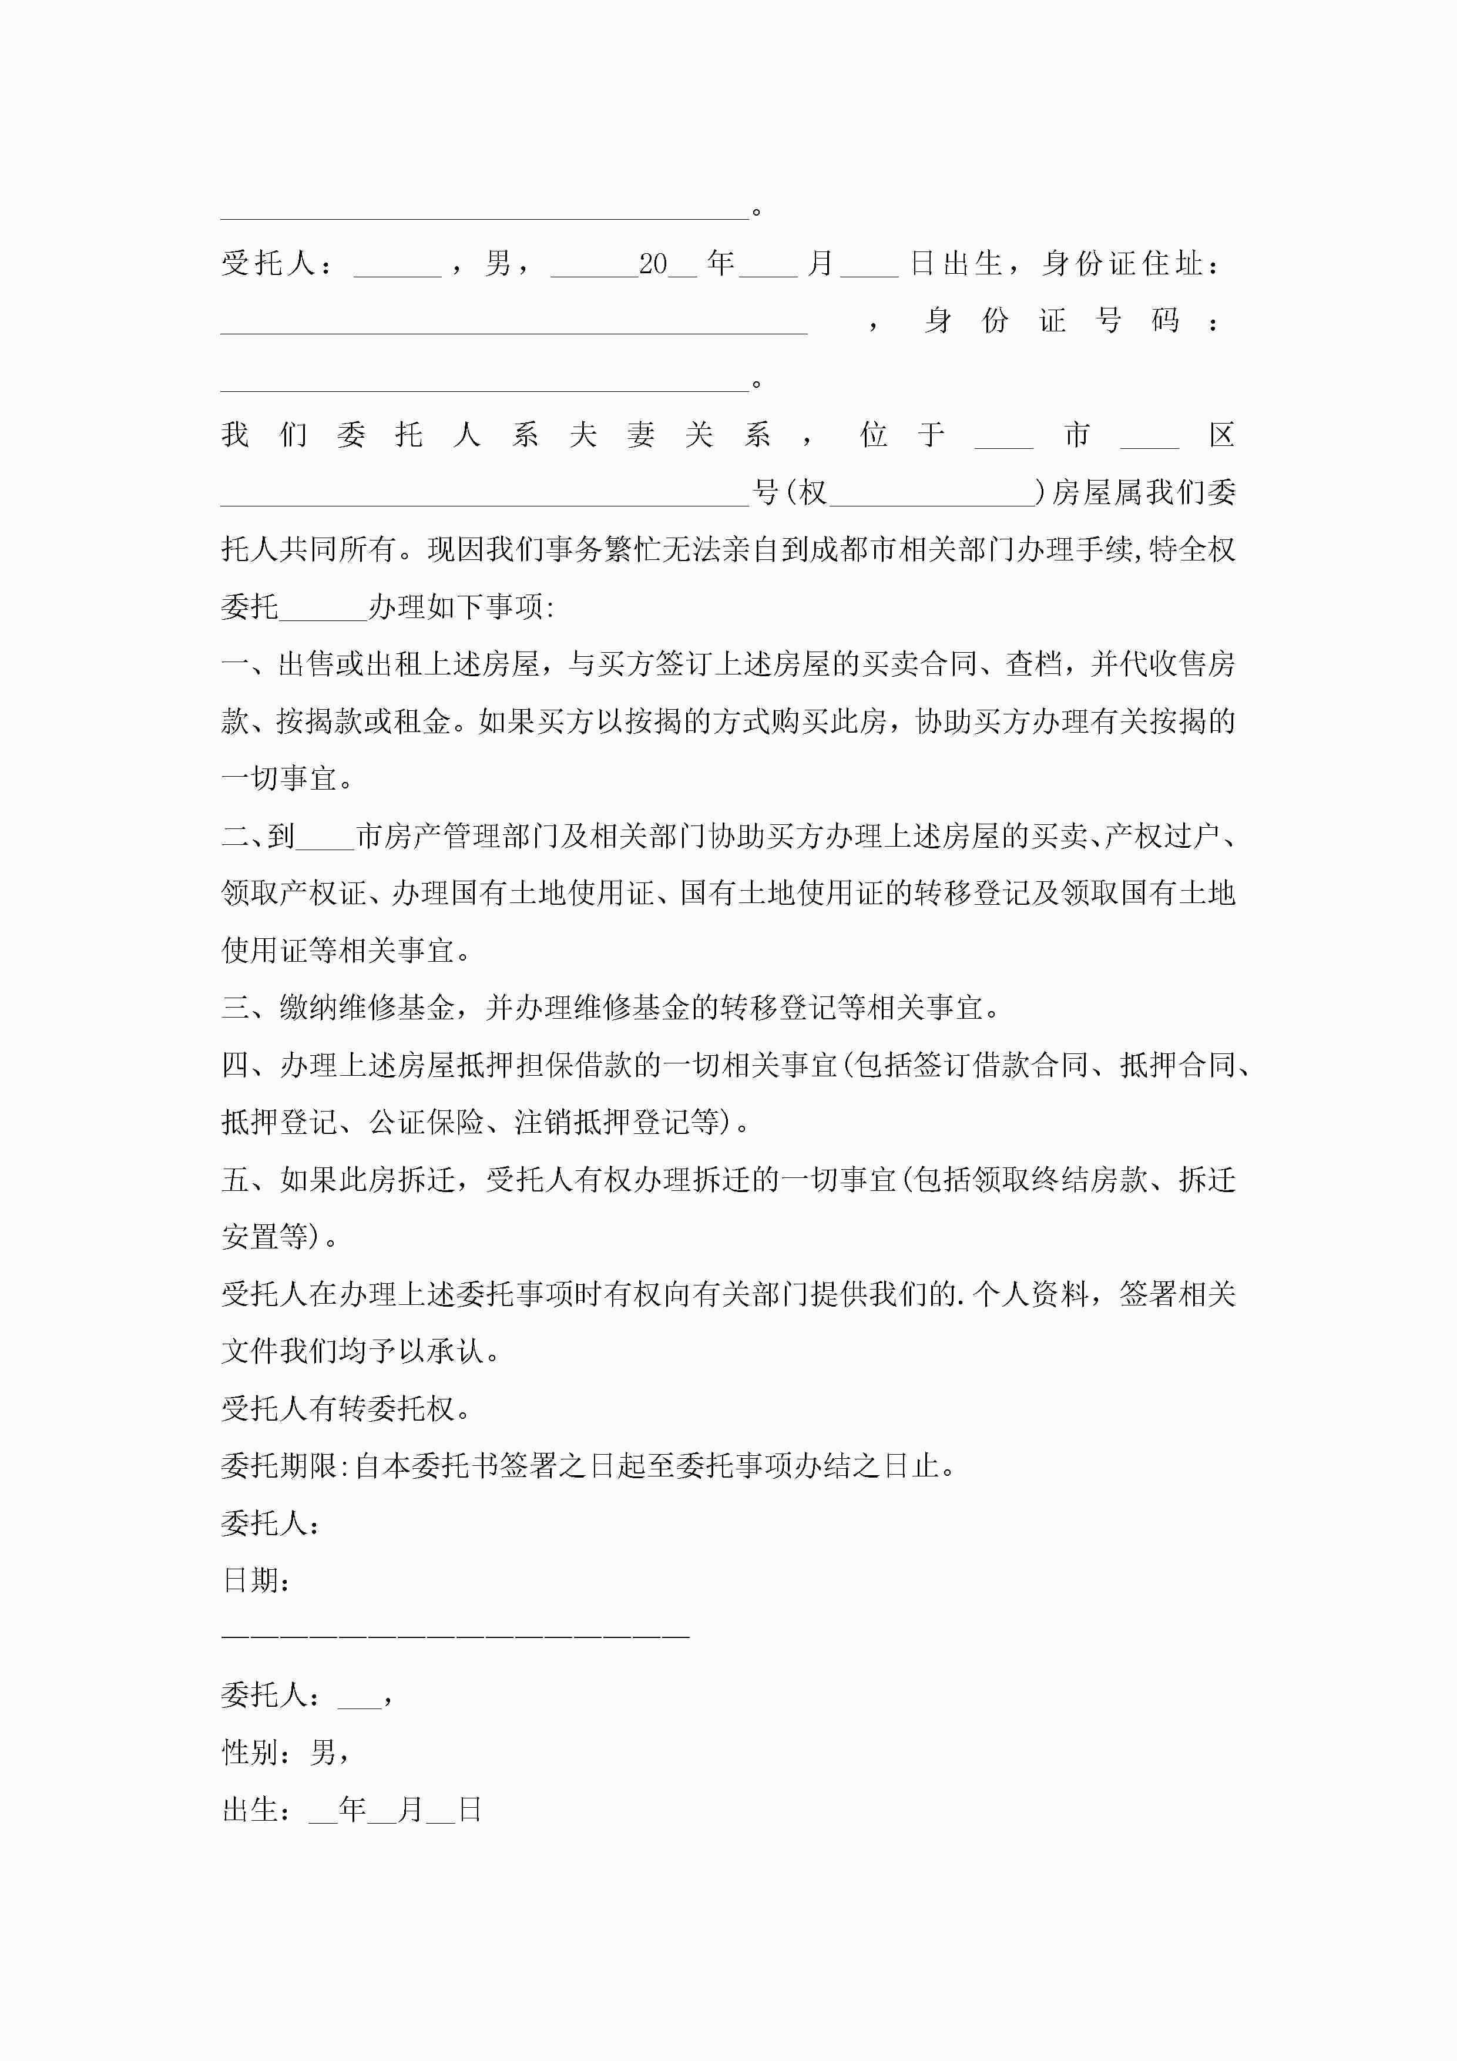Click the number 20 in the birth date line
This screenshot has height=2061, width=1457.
coord(653,264)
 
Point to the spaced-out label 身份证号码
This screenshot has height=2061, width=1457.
coord(1050,320)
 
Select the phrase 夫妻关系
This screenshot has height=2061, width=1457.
coord(670,435)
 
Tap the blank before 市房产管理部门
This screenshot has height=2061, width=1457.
coord(325,837)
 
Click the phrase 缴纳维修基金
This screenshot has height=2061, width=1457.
coord(367,1008)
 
